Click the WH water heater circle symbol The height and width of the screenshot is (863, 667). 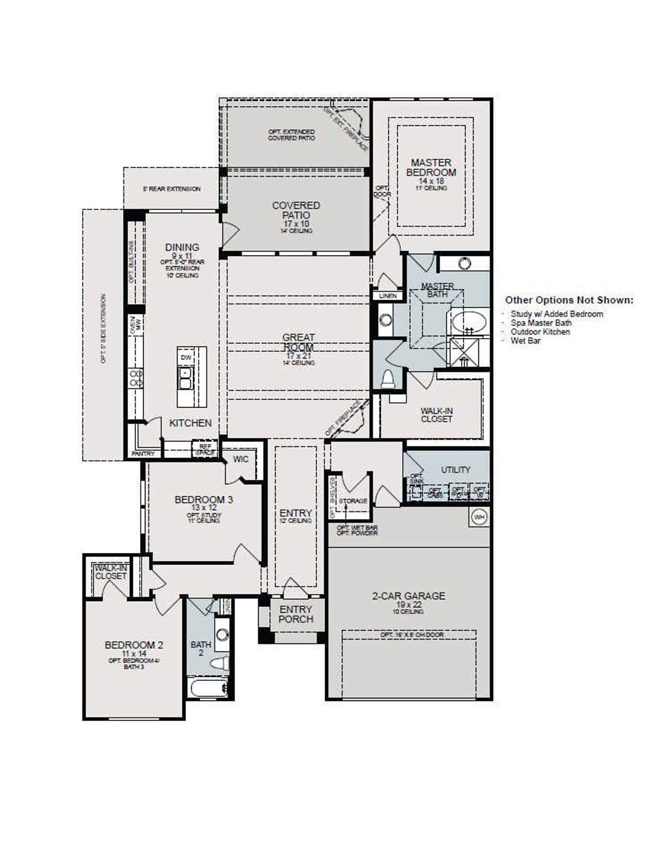[x=479, y=517]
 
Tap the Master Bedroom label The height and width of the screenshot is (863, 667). [x=431, y=167]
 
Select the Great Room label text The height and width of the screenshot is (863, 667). [x=298, y=342]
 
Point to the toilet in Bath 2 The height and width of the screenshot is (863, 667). [x=220, y=663]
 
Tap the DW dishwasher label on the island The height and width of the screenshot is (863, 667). [x=186, y=357]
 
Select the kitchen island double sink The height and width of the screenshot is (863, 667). [x=185, y=378]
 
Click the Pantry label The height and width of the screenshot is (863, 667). [x=143, y=454]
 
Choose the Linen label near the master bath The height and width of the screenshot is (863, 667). [x=388, y=295]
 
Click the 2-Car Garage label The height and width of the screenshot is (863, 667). [x=409, y=596]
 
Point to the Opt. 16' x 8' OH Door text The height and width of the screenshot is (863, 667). [x=409, y=635]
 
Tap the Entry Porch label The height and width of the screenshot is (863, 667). [x=295, y=614]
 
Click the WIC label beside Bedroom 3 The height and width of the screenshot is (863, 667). [x=241, y=459]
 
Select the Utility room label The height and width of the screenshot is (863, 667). [x=455, y=470]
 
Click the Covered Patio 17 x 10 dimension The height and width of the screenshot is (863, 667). [x=296, y=224]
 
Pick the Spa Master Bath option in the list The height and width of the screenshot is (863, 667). [x=541, y=323]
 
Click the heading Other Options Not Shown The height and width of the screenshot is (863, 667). [x=569, y=300]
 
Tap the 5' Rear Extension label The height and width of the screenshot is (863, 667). [x=171, y=189]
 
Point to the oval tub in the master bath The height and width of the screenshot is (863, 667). [x=469, y=322]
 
